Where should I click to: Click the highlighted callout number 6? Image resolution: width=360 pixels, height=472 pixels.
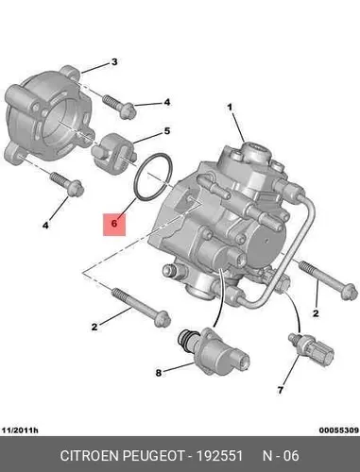coord(114,224)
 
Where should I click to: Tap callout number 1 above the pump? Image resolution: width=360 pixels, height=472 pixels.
coord(230,108)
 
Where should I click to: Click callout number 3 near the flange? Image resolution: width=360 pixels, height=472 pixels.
coord(114,61)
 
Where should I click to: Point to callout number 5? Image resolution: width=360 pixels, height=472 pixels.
coord(167,131)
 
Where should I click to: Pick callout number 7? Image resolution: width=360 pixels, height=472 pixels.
coord(281,390)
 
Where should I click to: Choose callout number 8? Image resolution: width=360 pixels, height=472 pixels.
coord(159,373)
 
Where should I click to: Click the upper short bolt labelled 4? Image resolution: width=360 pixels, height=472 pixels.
coord(119,107)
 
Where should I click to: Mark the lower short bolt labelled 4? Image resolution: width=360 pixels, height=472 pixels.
coord(67,184)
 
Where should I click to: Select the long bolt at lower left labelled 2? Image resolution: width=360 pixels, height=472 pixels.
coord(141,307)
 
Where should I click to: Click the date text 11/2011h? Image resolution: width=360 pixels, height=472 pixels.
coord(20,430)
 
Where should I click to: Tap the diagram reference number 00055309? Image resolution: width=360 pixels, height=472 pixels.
coord(339,430)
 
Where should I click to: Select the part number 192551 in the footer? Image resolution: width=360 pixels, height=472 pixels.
coord(219,456)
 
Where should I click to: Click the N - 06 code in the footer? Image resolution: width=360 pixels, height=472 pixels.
coord(281,456)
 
